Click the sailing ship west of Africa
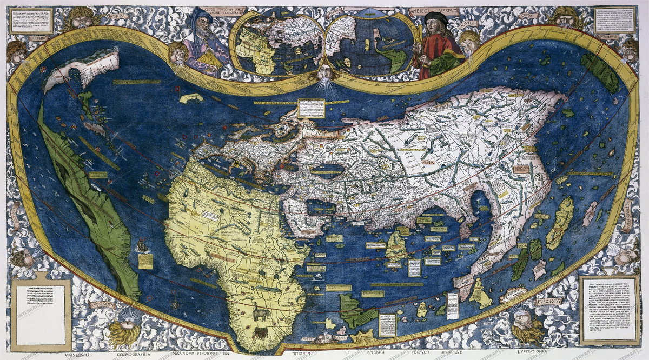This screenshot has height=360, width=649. [x=143, y=246]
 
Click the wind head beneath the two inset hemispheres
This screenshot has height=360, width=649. [x=325, y=72]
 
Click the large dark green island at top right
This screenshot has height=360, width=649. [x=600, y=73]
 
